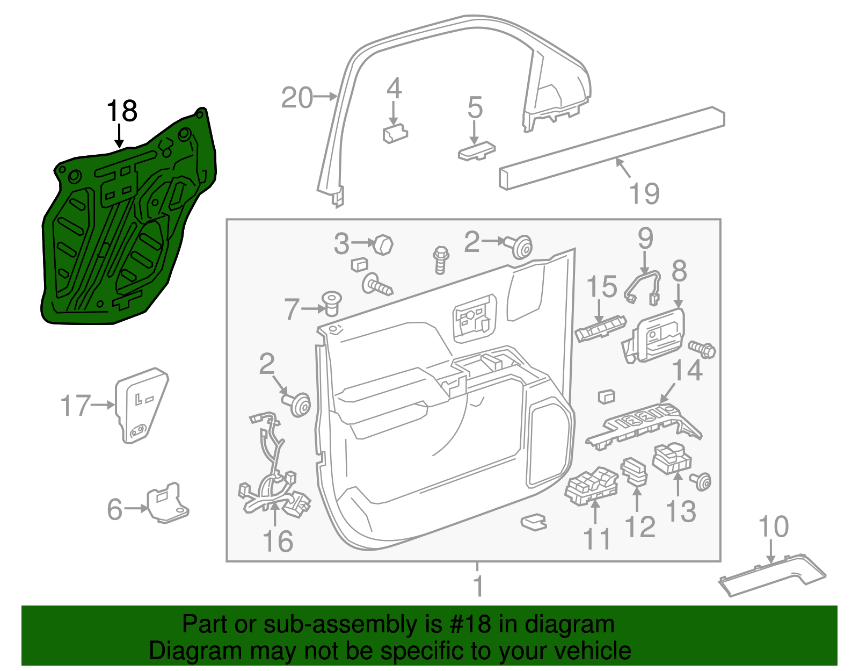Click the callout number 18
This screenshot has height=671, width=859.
[x=122, y=111]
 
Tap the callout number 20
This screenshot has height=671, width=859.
[x=297, y=98]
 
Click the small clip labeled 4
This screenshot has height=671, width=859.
[x=395, y=134]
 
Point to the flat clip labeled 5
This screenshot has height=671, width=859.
[x=476, y=151]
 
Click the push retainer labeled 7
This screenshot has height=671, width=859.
[x=331, y=304]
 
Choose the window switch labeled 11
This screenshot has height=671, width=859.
[x=591, y=485]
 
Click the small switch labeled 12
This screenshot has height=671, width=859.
[x=635, y=471]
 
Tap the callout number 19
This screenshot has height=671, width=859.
[x=644, y=193]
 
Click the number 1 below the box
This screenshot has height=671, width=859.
[x=478, y=586]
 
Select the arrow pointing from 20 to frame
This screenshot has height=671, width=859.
[x=325, y=97]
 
